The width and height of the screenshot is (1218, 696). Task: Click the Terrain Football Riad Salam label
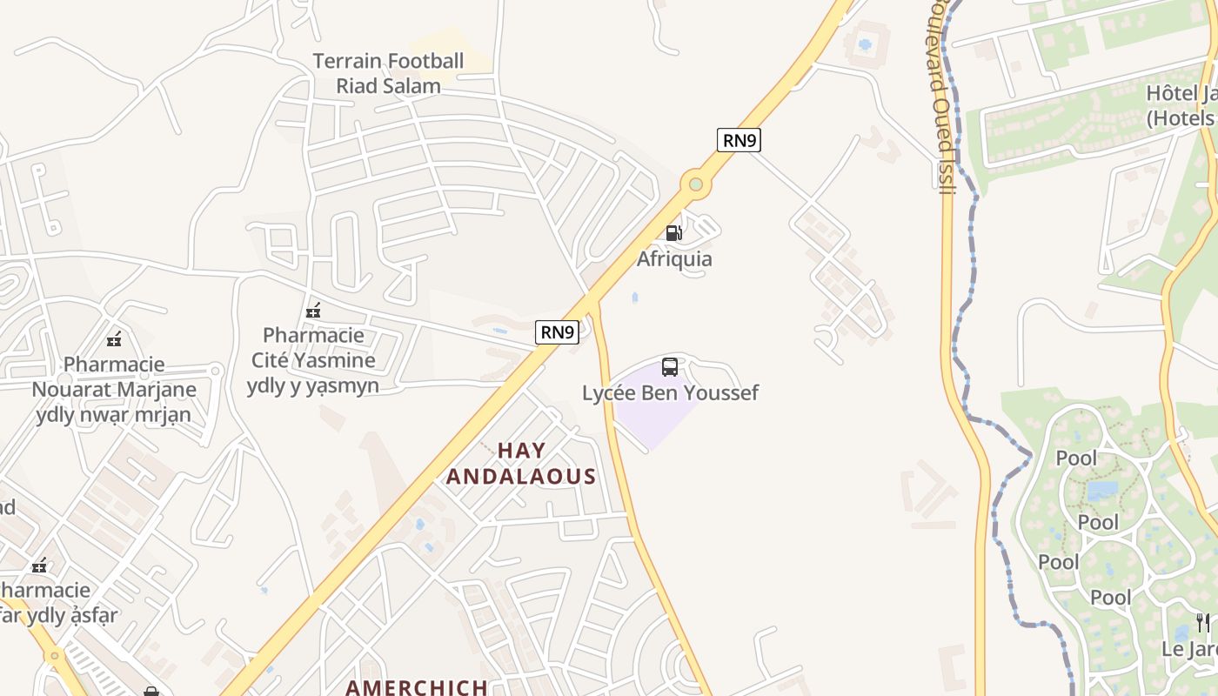[x=388, y=73]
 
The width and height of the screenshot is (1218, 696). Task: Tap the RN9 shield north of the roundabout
[x=739, y=140]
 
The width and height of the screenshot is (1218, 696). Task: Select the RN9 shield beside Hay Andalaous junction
[x=557, y=331]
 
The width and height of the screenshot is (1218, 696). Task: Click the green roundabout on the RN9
[x=695, y=184]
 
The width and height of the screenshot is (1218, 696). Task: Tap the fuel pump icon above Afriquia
[x=673, y=233]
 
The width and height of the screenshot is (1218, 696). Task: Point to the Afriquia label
[x=674, y=259]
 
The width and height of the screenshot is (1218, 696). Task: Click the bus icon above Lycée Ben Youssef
[x=669, y=367]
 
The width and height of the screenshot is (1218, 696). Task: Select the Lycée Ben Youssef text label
[x=670, y=393]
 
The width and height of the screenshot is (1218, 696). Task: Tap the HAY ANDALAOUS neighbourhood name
[x=521, y=464]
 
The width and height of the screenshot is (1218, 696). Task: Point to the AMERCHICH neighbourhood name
[x=417, y=687]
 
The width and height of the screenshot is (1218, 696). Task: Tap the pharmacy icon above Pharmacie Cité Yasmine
[x=313, y=311]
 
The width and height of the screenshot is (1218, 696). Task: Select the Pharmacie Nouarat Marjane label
[x=114, y=389]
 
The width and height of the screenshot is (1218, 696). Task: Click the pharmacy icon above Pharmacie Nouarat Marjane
[x=114, y=339]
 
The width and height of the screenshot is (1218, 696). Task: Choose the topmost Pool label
[x=1076, y=458]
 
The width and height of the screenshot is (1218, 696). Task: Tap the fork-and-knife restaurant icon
[x=1202, y=622]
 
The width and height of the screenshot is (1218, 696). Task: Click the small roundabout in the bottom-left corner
[x=55, y=655]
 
